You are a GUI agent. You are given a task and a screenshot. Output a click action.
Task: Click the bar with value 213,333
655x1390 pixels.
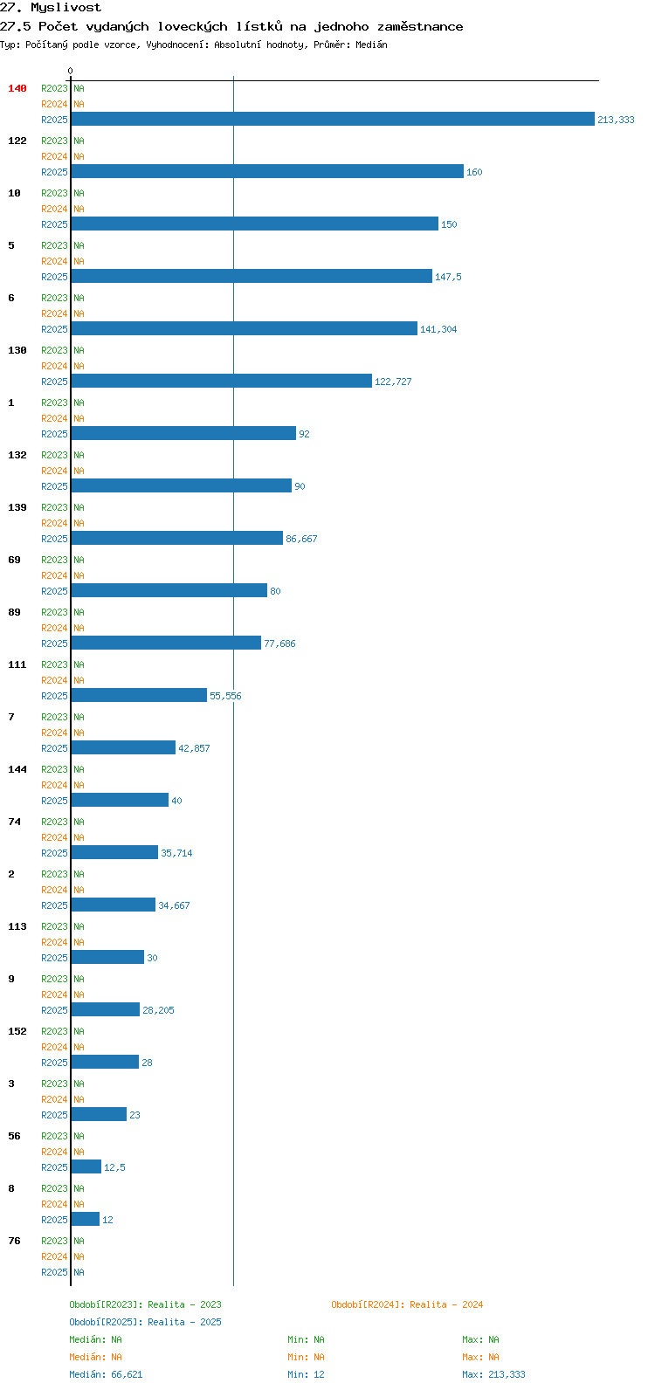click(333, 119)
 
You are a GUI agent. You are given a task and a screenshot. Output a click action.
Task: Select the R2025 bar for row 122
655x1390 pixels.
click(267, 171)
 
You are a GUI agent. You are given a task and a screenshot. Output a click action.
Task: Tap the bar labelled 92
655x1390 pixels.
click(183, 433)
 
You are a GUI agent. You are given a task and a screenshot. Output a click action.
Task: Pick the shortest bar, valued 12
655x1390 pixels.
click(86, 1219)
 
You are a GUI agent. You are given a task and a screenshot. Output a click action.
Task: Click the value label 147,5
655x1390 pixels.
click(448, 277)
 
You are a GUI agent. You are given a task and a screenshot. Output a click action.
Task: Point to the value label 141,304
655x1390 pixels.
click(438, 329)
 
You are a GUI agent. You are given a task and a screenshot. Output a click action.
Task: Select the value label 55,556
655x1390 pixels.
click(225, 696)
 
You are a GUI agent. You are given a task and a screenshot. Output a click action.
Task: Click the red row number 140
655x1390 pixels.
click(17, 88)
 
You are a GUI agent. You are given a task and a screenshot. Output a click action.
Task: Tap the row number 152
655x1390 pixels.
click(17, 1030)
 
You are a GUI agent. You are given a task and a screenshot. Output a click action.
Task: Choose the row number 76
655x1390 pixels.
click(14, 1241)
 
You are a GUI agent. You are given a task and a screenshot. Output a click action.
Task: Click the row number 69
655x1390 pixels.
click(14, 560)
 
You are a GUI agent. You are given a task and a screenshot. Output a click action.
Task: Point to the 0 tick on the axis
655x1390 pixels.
click(70, 71)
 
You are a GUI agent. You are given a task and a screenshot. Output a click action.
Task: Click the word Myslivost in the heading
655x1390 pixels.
click(65, 8)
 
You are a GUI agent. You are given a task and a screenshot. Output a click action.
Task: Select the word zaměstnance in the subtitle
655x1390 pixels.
click(420, 27)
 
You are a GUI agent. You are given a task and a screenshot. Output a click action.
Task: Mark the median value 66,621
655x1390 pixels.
click(127, 1374)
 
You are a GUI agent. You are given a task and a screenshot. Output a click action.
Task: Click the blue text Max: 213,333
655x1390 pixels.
click(493, 1374)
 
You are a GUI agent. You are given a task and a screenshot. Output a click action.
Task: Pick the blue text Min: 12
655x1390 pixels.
click(306, 1374)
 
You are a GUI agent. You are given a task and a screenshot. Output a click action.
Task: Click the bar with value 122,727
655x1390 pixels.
click(222, 381)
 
